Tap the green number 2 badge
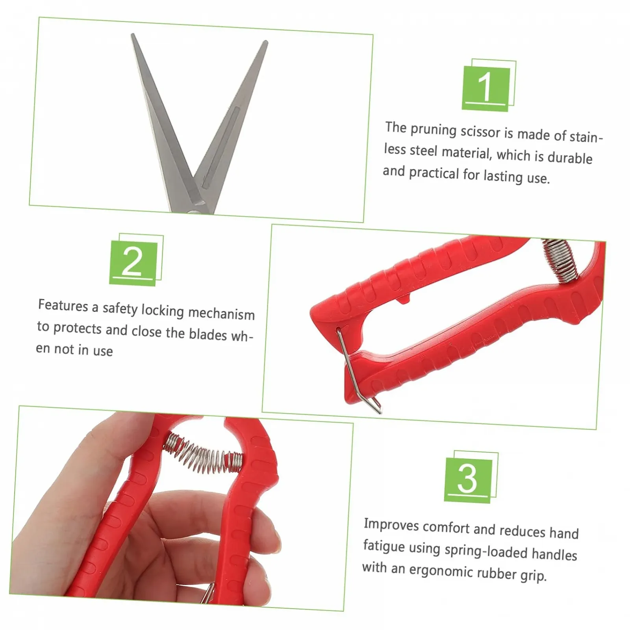(x=133, y=263)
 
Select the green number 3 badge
(x=468, y=480)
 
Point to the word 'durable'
(x=570, y=157)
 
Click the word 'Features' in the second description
(x=63, y=306)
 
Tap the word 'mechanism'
(x=221, y=313)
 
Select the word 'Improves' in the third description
(x=391, y=524)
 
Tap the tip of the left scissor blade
(x=133, y=35)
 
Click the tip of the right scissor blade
(x=266, y=42)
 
